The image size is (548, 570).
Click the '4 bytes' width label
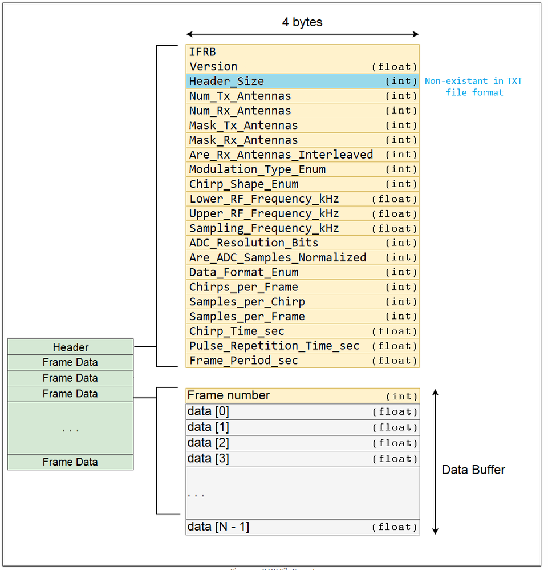pyautogui.click(x=302, y=22)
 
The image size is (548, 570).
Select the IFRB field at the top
pyautogui.click(x=202, y=52)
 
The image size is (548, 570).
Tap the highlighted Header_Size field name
pyautogui.click(x=226, y=81)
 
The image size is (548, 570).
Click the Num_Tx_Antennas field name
pyautogui.click(x=240, y=96)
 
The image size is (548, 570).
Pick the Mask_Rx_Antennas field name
pyautogui.click(x=243, y=140)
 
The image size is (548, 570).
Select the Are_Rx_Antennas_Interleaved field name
pyautogui.click(x=281, y=155)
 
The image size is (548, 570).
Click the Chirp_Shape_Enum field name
pyautogui.click(x=243, y=184)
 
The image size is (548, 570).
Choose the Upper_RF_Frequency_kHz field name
pyautogui.click(x=264, y=213)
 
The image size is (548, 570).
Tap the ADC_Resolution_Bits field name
pyautogui.click(x=254, y=243)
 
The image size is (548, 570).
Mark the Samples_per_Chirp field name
pyautogui.click(x=247, y=302)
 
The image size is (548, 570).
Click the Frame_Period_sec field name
pyautogui.click(x=243, y=361)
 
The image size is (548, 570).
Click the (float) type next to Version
pyautogui.click(x=395, y=67)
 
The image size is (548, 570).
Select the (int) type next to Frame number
pyautogui.click(x=401, y=396)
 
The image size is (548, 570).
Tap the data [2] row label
pyautogui.click(x=208, y=443)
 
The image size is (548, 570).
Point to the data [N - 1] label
pyautogui.click(x=218, y=527)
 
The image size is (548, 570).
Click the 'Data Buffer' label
pyautogui.click(x=473, y=470)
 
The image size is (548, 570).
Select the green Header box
pyautogui.click(x=71, y=347)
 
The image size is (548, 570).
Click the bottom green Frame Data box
pyautogui.click(x=70, y=462)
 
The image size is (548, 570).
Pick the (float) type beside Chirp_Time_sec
pyautogui.click(x=395, y=332)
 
